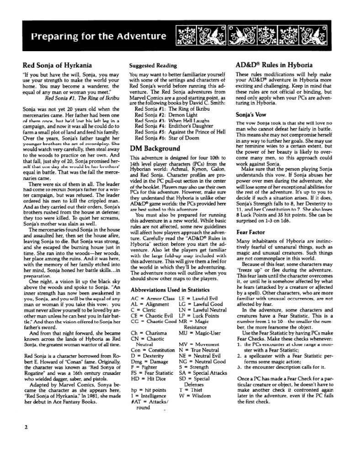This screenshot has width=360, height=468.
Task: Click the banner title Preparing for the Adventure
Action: click(x=95, y=36)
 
